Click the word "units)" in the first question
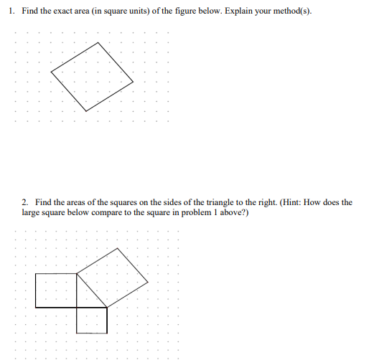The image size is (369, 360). click(x=140, y=14)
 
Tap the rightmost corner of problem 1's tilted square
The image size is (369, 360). click(x=134, y=83)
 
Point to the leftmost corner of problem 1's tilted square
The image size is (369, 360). click(x=52, y=71)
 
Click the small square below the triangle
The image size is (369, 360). click(x=92, y=320)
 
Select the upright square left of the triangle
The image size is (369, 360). click(x=56, y=290)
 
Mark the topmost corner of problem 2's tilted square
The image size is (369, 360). click(x=118, y=247)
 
